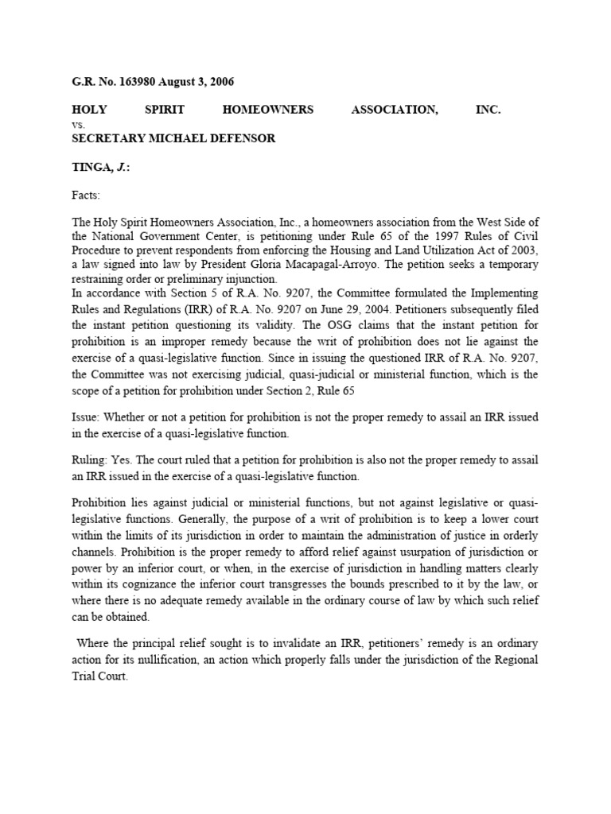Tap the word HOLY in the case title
pos(89,110)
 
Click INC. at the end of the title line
pos(488,110)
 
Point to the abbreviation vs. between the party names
pos(79,124)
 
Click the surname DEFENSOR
pos(239,138)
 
